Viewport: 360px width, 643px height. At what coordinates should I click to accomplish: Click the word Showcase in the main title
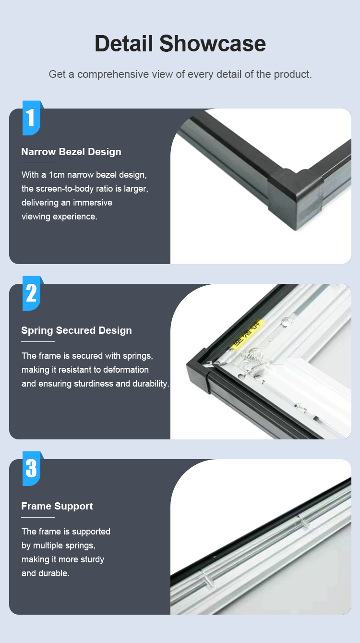[213, 44]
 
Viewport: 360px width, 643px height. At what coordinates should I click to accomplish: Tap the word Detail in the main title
[124, 44]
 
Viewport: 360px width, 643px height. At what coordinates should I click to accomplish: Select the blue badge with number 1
[32, 118]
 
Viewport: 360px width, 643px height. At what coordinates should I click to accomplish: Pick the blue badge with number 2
[32, 293]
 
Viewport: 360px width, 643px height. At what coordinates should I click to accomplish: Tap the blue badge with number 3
[32, 468]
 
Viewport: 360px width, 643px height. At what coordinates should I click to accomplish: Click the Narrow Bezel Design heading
[71, 152]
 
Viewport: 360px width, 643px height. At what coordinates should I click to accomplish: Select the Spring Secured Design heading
[76, 330]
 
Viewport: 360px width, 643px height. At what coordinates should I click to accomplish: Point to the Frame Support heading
[57, 506]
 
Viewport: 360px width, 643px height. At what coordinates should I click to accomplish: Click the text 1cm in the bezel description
[57, 175]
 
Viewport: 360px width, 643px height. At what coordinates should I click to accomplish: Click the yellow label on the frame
[247, 335]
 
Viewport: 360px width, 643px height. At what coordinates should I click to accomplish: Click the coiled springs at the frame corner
[256, 364]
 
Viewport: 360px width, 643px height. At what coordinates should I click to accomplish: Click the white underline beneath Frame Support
[38, 517]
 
